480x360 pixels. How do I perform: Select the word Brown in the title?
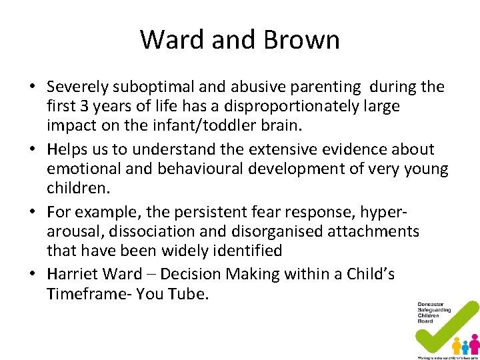click(x=302, y=40)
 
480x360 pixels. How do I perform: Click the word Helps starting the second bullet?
click(x=65, y=149)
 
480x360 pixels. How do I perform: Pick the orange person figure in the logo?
click(x=457, y=346)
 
